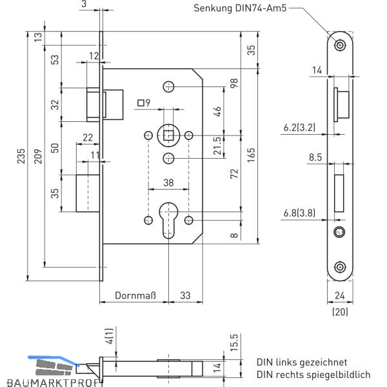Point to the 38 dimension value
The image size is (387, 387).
tap(168, 183)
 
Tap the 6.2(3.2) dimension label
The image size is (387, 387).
tap(299, 128)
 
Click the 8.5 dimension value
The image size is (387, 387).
tap(315, 157)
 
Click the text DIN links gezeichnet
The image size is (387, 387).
tap(301, 362)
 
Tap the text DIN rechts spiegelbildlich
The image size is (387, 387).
tap(313, 374)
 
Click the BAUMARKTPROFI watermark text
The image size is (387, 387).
tap(52, 381)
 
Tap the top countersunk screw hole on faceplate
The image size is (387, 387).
tap(339, 44)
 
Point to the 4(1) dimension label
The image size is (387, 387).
tap(109, 335)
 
